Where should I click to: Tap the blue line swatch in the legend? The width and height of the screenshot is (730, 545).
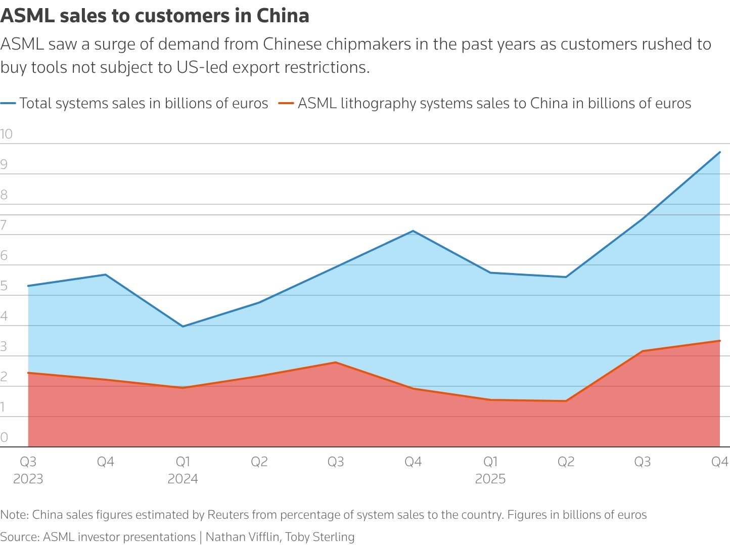pyautogui.click(x=9, y=103)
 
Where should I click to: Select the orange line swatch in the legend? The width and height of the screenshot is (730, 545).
pyautogui.click(x=286, y=103)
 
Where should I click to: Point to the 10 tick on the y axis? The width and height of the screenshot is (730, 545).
pyautogui.click(x=7, y=134)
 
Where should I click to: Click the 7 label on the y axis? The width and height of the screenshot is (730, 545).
pyautogui.click(x=4, y=225)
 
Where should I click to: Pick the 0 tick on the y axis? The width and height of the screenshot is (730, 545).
pyautogui.click(x=5, y=437)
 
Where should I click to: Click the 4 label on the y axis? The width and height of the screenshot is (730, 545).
pyautogui.click(x=4, y=316)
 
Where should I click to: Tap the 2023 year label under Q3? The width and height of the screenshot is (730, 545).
pyautogui.click(x=28, y=479)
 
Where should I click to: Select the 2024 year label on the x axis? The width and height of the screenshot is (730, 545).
pyautogui.click(x=182, y=479)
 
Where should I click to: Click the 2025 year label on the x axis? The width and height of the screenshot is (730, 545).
pyautogui.click(x=490, y=479)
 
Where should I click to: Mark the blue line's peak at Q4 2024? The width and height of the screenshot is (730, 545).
pyautogui.click(x=413, y=231)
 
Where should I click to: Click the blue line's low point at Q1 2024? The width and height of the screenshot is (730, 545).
pyautogui.click(x=182, y=327)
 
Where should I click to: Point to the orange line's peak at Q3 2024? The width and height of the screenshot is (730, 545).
pyautogui.click(x=336, y=362)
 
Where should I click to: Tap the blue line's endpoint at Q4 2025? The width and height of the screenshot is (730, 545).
pyautogui.click(x=720, y=152)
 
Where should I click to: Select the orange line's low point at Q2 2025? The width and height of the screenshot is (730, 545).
pyautogui.click(x=566, y=401)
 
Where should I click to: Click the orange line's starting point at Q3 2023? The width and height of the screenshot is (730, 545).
pyautogui.click(x=28, y=373)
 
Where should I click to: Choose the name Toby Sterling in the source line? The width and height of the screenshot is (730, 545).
pyautogui.click(x=320, y=537)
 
